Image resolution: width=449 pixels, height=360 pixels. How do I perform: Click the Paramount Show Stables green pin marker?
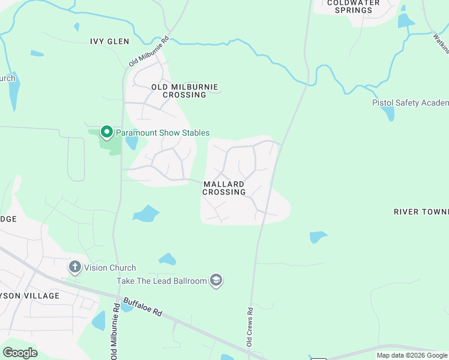(107, 131)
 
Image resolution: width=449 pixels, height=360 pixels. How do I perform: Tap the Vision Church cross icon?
(75, 267)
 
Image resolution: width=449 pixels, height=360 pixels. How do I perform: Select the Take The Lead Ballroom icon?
(216, 280)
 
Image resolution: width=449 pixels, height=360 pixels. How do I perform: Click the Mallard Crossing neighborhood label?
(224, 188)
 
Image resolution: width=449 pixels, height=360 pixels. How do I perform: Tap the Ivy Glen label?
(109, 41)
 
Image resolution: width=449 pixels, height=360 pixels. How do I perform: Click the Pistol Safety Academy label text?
(410, 103)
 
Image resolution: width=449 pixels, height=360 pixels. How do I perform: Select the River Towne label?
(421, 212)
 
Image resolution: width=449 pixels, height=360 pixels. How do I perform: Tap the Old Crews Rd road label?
(250, 327)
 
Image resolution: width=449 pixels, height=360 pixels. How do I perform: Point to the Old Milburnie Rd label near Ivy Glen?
(149, 53)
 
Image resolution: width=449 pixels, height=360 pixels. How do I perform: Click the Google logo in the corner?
(20, 352)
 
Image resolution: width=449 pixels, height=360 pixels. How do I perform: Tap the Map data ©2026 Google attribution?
(411, 355)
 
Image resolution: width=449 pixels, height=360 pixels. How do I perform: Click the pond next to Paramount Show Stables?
(131, 143)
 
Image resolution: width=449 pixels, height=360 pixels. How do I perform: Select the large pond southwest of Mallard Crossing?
(146, 214)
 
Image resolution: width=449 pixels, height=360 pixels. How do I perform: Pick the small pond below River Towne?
(318, 237)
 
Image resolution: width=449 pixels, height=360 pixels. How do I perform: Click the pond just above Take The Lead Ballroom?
(167, 259)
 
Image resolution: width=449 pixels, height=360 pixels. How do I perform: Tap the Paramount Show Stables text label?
(163, 133)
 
